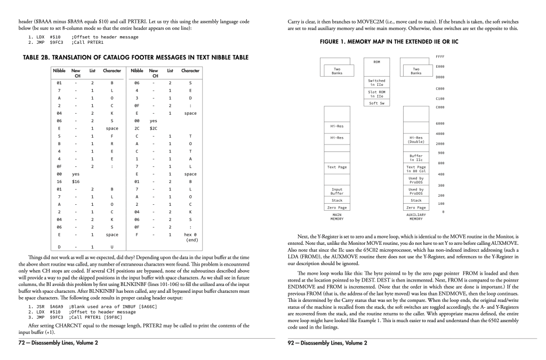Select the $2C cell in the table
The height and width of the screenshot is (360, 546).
[154, 128]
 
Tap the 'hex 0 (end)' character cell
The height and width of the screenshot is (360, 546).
[190, 237]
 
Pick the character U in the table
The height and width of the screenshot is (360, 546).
[111, 247]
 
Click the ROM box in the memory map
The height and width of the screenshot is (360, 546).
[377, 62]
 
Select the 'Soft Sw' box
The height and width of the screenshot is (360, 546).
[377, 103]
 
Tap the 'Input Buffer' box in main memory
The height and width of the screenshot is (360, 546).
[337, 190]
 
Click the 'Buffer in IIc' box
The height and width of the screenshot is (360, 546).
[416, 157]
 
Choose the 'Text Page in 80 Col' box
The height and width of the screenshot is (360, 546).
[416, 169]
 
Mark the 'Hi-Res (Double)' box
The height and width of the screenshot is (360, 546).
[416, 140]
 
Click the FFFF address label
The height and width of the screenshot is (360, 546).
[439, 55]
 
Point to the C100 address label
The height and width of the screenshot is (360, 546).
[439, 98]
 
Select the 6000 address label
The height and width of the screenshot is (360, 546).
[439, 124]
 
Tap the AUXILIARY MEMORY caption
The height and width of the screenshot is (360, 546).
[416, 217]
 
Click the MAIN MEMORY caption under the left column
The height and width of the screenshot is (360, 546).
[337, 217]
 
